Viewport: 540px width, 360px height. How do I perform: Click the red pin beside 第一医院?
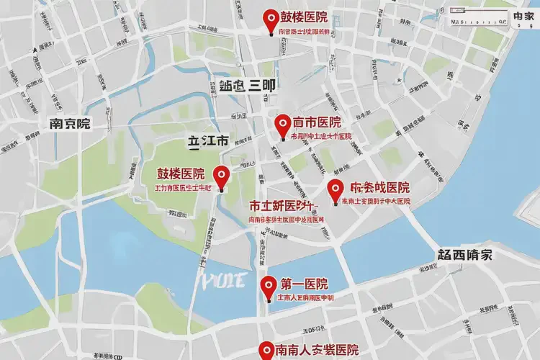tap(269, 286)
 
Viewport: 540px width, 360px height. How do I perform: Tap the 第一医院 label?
tap(304, 284)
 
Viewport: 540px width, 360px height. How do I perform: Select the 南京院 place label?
tap(69, 123)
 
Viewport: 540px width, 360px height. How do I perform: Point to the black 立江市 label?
tap(207, 141)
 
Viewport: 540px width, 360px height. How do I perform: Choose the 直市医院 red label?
tap(317, 122)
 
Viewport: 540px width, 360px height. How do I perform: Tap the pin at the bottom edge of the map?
tap(266, 350)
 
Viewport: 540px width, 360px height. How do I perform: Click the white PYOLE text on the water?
tap(221, 279)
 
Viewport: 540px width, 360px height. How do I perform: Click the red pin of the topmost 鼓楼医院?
tap(271, 19)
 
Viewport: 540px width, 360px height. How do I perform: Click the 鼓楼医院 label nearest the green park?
tap(181, 174)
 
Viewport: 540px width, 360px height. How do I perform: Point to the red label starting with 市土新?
tap(284, 204)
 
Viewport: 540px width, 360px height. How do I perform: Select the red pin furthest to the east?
tap(335, 190)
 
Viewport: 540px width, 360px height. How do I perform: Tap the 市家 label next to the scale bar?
tap(523, 16)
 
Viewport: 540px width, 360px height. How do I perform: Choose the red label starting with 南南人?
tap(317, 351)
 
